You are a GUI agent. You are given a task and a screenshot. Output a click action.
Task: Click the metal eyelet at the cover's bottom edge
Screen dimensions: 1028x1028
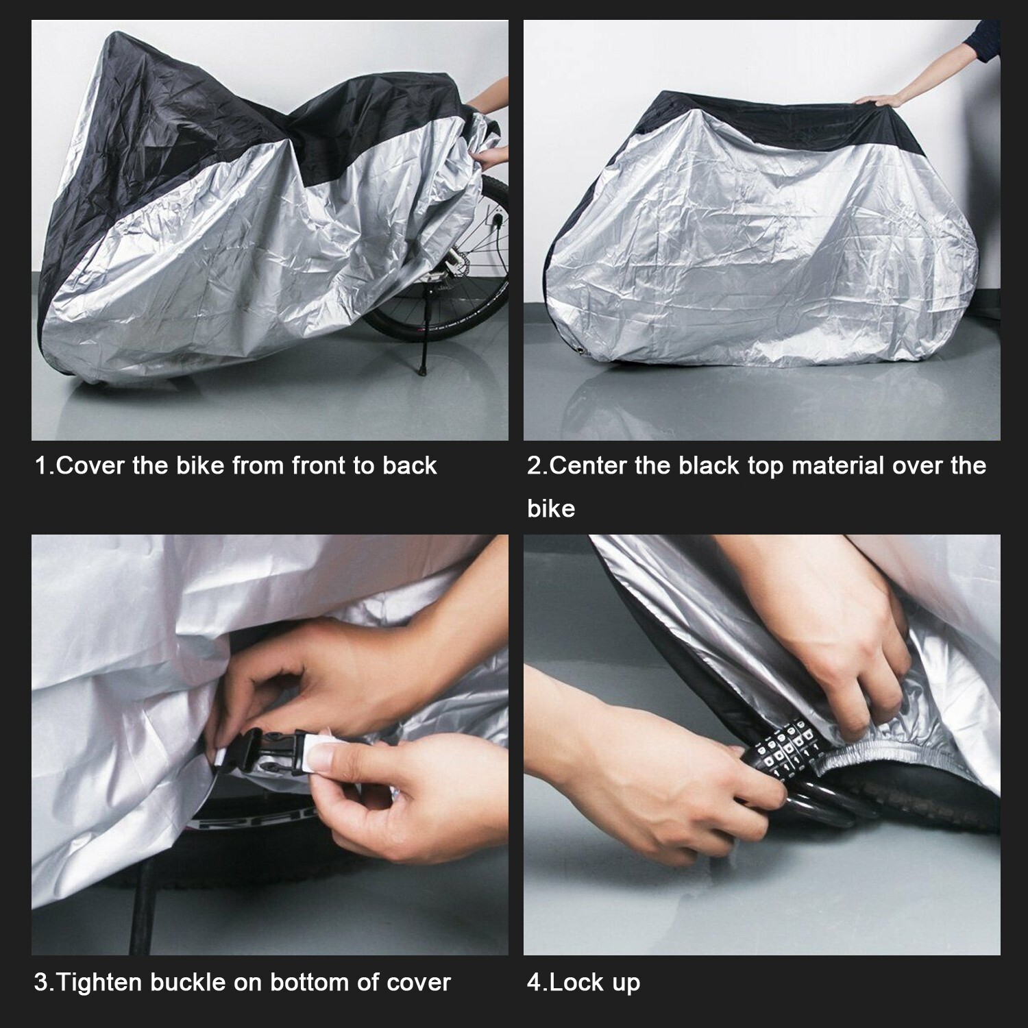pyautogui.click(x=581, y=352)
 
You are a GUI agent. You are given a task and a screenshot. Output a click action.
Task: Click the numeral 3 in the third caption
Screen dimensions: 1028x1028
pyautogui.click(x=40, y=982)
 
